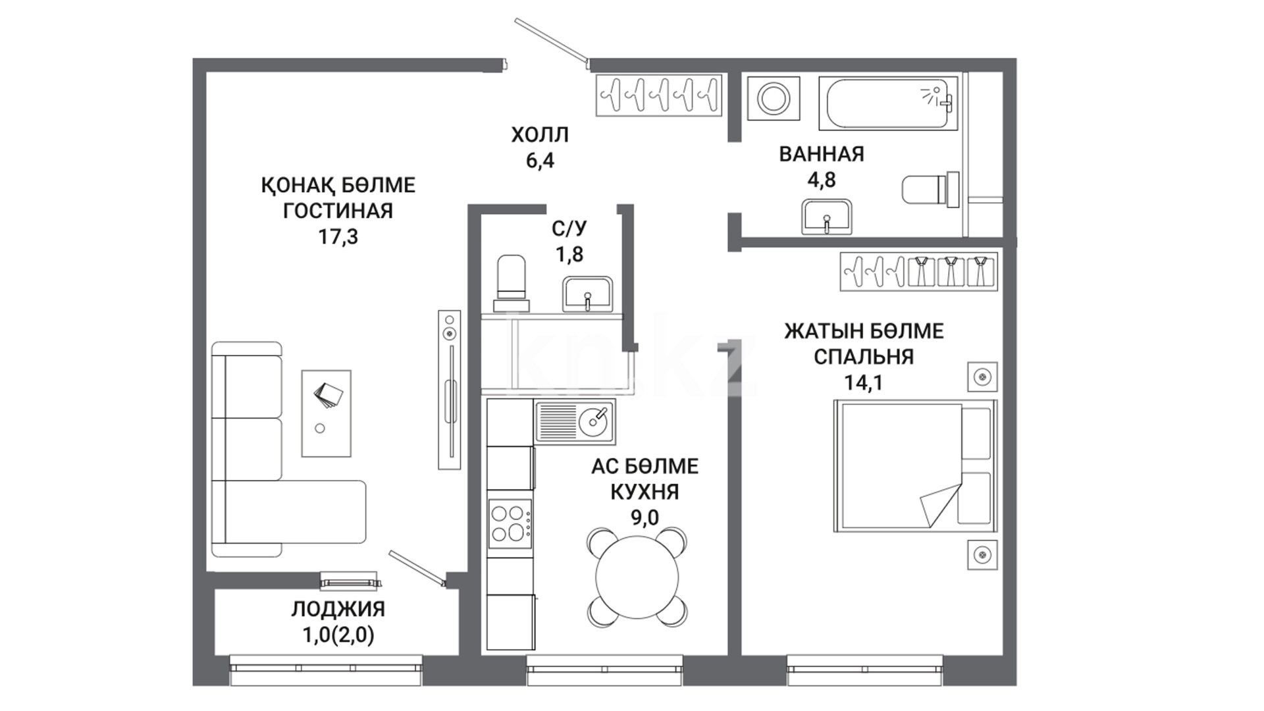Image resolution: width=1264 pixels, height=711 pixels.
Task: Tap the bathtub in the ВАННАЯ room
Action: pos(887,103)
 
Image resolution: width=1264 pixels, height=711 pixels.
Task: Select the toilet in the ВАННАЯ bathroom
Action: pos(930,190)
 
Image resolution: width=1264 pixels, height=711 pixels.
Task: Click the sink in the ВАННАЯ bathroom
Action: pos(827,217)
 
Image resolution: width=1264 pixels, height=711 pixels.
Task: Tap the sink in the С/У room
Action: pos(588,294)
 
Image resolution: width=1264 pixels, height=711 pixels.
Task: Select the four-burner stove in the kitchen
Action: pos(510,523)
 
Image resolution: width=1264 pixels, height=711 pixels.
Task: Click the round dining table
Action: pos(637,577)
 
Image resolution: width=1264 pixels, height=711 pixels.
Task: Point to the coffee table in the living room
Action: pos(326,413)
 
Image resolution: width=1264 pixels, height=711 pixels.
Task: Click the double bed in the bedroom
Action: pos(916,465)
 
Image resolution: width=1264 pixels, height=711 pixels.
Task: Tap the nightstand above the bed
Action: pos(982,377)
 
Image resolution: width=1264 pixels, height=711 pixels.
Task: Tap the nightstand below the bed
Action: pos(982,554)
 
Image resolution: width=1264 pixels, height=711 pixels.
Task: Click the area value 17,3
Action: pos(338,236)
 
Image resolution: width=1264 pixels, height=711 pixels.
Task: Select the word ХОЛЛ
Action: pos(540,135)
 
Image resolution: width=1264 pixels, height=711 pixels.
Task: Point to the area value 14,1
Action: pos(864,382)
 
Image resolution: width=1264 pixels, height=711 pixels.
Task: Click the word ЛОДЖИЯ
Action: pos(338,609)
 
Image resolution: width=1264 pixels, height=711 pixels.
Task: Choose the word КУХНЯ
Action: pos(645,492)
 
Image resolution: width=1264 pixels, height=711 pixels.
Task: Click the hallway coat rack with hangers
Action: pos(659,95)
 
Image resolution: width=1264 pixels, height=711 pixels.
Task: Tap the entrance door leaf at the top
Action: pos(551,41)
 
